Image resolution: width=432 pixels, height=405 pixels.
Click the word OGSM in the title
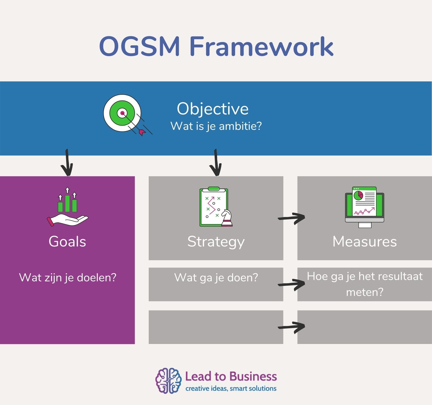139,46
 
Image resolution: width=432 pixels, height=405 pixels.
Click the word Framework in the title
261,46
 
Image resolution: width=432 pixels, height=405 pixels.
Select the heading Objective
212,109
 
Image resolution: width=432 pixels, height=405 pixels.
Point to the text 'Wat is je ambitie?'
216,126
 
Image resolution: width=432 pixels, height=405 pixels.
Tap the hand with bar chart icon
67,207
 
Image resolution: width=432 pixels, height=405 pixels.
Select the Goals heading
67,241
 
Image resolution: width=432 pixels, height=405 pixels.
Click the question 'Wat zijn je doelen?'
67,278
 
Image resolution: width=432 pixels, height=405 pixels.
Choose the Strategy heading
216,242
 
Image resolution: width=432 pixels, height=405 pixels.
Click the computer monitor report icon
364,207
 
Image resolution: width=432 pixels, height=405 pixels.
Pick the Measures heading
364,241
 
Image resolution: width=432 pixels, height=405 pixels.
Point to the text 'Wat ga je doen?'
216,278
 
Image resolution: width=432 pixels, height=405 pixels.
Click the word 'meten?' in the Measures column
364,292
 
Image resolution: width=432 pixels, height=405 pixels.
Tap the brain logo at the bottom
168,380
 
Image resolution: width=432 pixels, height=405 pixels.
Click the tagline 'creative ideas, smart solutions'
231,389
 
